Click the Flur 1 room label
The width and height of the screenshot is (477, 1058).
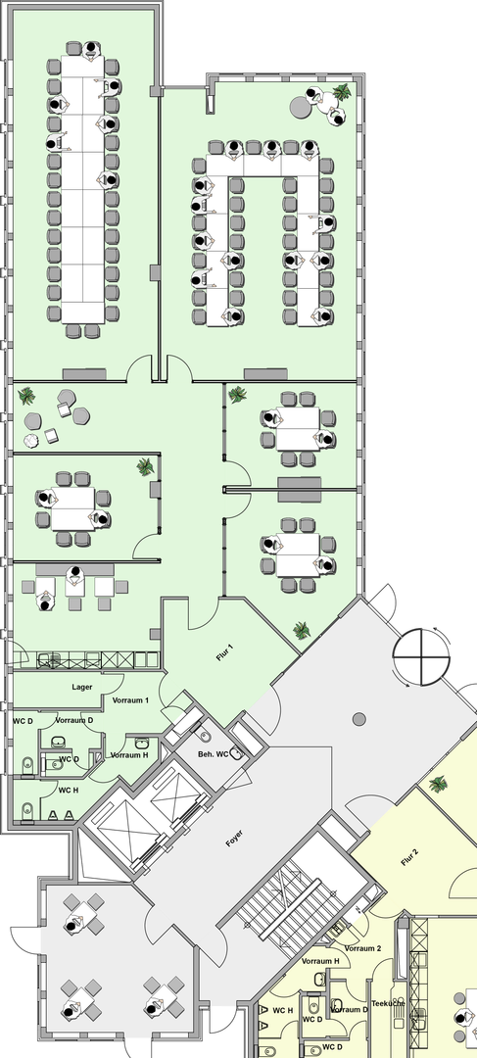[225, 652]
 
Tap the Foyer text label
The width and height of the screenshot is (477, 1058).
[234, 839]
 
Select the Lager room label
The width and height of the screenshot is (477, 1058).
[82, 688]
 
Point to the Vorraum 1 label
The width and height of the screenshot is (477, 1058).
[130, 700]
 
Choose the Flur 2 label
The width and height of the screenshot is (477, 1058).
[409, 857]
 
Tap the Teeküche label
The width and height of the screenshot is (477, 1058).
[387, 1003]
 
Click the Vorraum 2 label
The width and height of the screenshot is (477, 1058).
[363, 948]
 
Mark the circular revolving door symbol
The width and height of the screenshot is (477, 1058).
[421, 655]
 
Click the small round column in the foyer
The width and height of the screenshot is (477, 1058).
[358, 719]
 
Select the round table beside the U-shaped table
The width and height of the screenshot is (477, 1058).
[300, 106]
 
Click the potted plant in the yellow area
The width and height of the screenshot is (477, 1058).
[438, 784]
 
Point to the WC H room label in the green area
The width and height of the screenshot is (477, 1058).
[69, 790]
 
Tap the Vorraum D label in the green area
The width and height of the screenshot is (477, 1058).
[74, 720]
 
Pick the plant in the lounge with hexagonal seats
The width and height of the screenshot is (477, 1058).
[27, 396]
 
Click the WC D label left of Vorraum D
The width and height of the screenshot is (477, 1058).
[23, 721]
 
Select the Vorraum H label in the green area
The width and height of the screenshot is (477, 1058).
[129, 755]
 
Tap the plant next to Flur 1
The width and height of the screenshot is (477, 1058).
[302, 631]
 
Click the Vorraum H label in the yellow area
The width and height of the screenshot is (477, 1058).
[320, 961]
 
